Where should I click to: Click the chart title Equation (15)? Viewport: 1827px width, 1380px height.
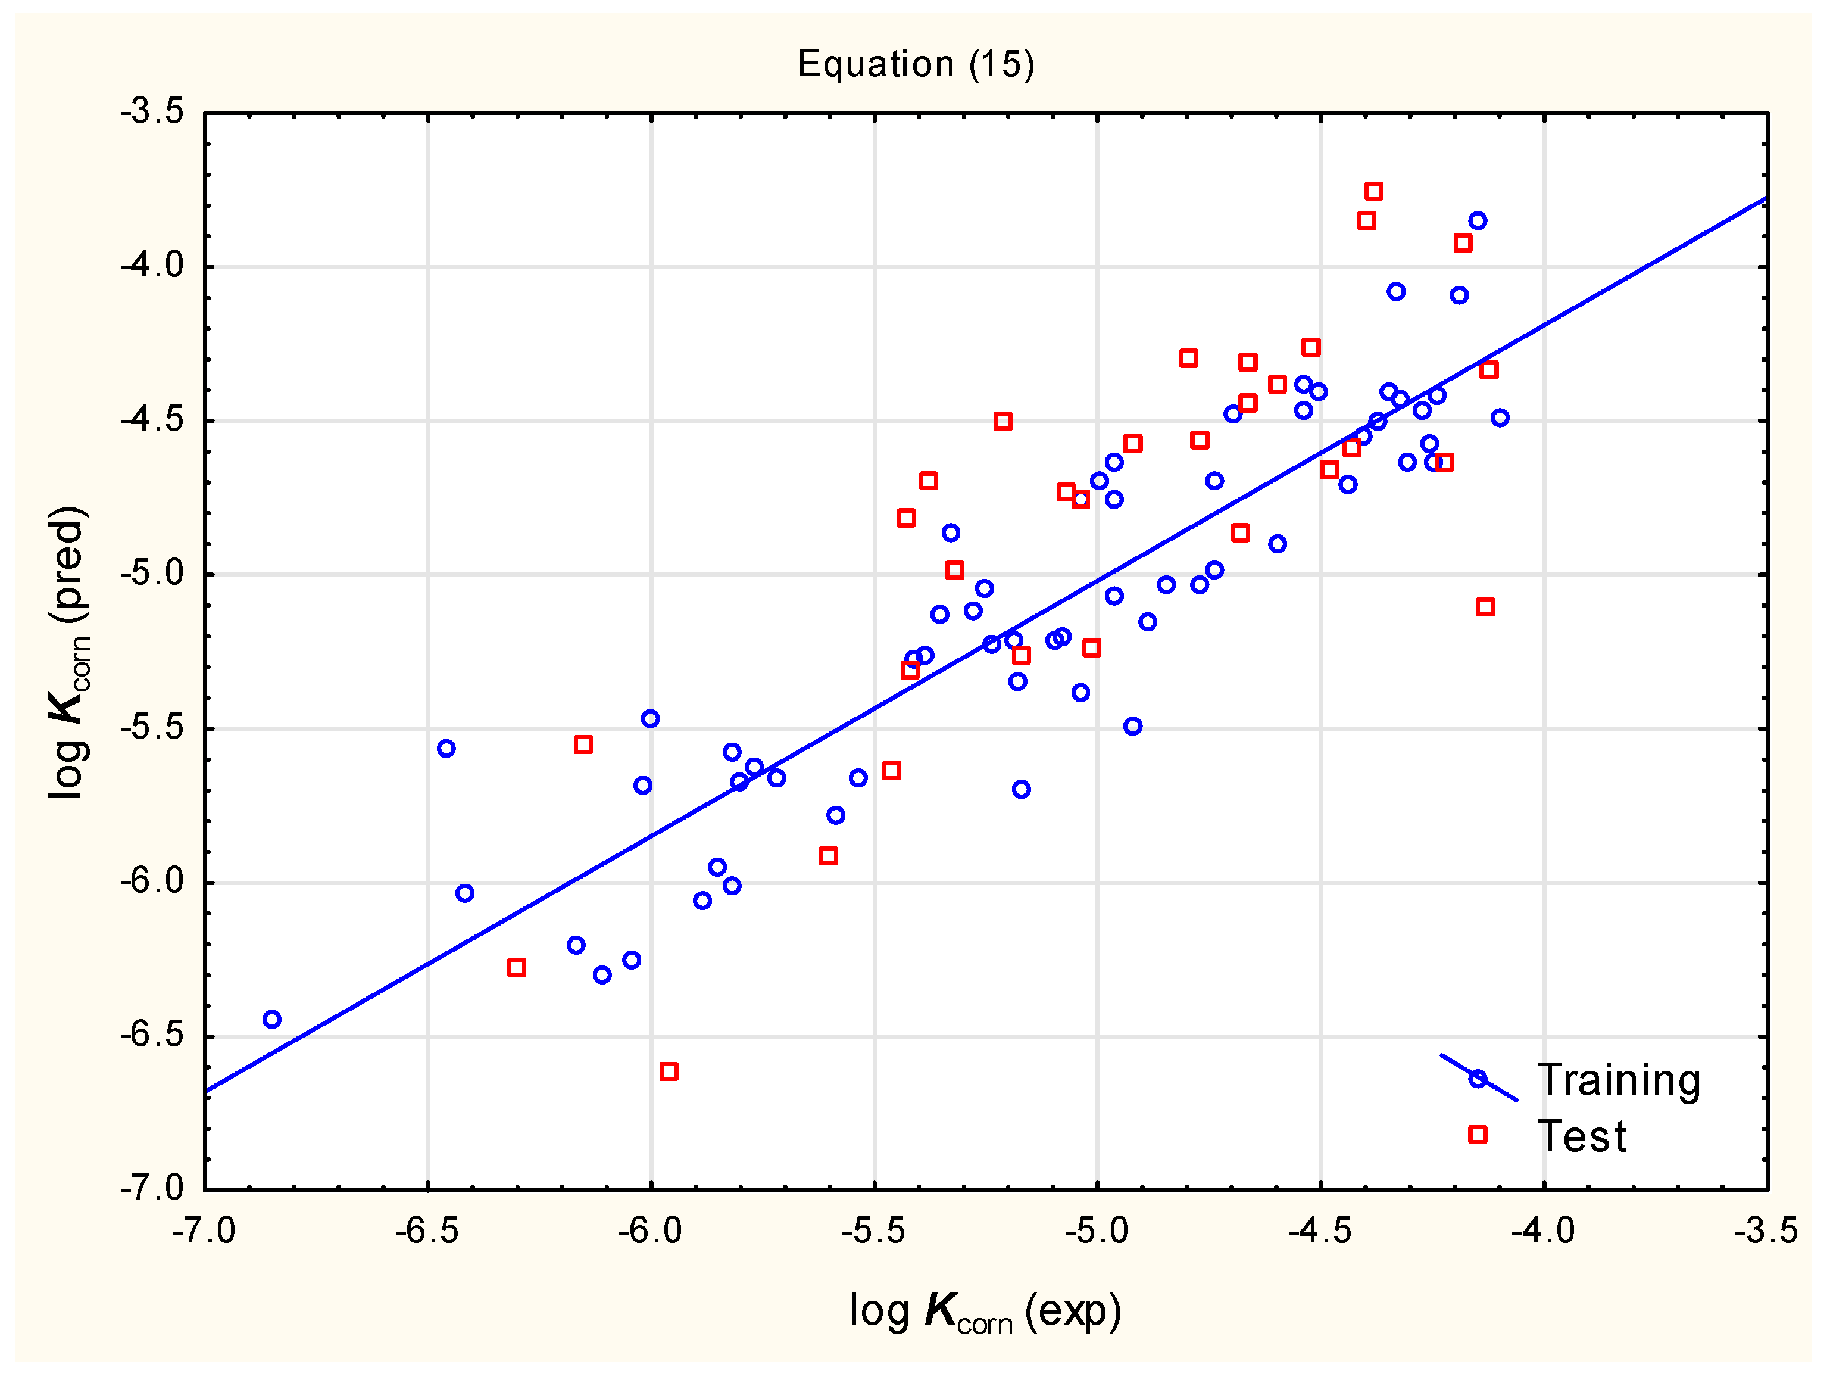915,64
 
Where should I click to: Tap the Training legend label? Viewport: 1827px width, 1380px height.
1618,1080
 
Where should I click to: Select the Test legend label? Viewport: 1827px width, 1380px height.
1581,1136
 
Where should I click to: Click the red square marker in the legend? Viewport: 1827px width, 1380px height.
1478,1135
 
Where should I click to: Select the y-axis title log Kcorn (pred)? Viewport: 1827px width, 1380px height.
68,652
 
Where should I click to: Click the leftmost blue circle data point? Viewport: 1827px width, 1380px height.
271,1019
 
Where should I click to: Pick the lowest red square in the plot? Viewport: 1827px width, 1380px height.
669,1071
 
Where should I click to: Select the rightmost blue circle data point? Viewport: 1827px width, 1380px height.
1500,418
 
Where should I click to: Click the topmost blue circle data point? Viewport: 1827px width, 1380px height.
1478,220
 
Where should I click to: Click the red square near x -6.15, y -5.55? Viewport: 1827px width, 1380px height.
583,744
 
